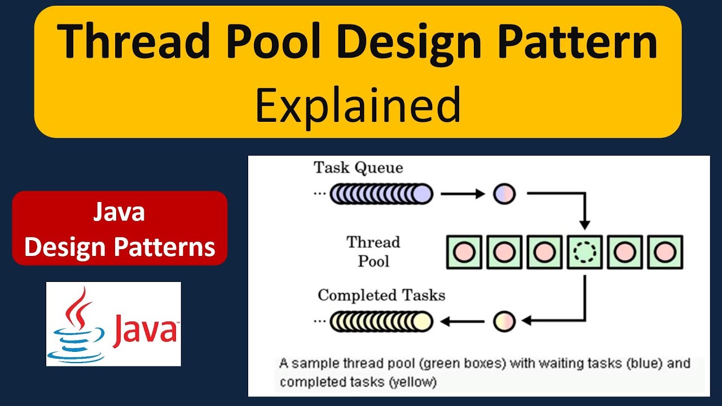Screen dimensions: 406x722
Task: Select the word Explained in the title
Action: tap(358, 105)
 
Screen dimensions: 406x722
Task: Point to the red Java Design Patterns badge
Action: tap(120, 228)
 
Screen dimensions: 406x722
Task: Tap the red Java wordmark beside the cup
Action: tap(144, 329)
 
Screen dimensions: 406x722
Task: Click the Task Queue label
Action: tap(358, 167)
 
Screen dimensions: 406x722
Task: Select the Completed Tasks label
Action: tap(381, 295)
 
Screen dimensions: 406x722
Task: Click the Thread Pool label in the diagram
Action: tap(373, 251)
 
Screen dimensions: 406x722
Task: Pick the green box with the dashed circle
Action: tap(584, 252)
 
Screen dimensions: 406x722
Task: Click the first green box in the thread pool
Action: tap(464, 252)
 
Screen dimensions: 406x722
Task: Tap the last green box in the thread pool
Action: tap(665, 252)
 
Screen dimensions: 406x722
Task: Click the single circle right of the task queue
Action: tap(504, 194)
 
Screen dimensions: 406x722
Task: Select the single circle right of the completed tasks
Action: tap(504, 321)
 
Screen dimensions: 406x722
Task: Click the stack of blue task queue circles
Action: tap(381, 194)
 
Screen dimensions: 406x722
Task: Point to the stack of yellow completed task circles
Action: tap(381, 321)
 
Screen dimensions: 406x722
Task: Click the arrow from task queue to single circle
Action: tap(462, 194)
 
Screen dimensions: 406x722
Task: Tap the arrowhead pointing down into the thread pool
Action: tap(585, 225)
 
